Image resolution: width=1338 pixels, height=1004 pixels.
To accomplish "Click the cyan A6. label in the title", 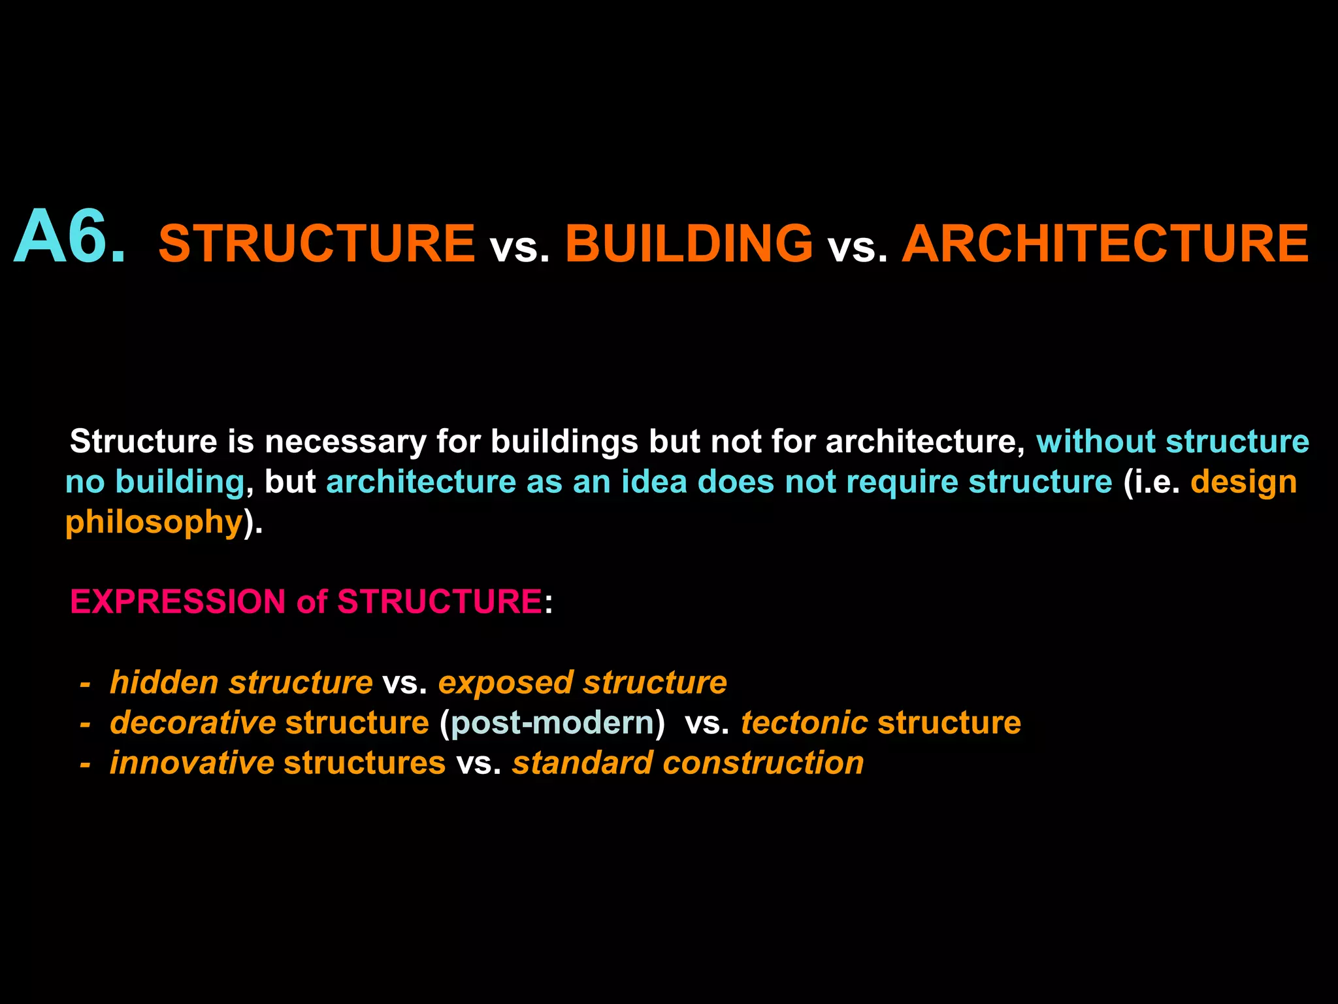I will (x=69, y=237).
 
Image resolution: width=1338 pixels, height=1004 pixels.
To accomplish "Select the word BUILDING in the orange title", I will (x=689, y=243).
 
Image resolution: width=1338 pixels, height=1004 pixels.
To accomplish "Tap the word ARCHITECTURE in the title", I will (x=1105, y=243).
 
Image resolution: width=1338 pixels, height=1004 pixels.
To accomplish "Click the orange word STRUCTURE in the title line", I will (x=317, y=243).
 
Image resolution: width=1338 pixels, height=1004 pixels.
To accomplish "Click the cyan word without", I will (x=1096, y=441).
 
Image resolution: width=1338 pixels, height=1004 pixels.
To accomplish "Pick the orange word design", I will (x=1243, y=483).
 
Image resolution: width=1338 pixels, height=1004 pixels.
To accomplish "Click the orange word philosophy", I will (x=154, y=523).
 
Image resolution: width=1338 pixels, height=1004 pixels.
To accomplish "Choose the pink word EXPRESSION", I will (x=178, y=601).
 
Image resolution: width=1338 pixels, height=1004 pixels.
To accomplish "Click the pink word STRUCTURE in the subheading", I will (x=439, y=601).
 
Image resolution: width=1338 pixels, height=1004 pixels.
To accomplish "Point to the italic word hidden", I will (x=164, y=682).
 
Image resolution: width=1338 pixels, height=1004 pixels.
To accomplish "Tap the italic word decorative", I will (x=193, y=723).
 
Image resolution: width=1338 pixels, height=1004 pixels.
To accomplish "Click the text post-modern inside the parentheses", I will (x=552, y=723).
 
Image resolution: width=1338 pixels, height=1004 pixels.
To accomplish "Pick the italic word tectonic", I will (x=804, y=723).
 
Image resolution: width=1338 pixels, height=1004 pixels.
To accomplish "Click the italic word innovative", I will (x=192, y=763).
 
